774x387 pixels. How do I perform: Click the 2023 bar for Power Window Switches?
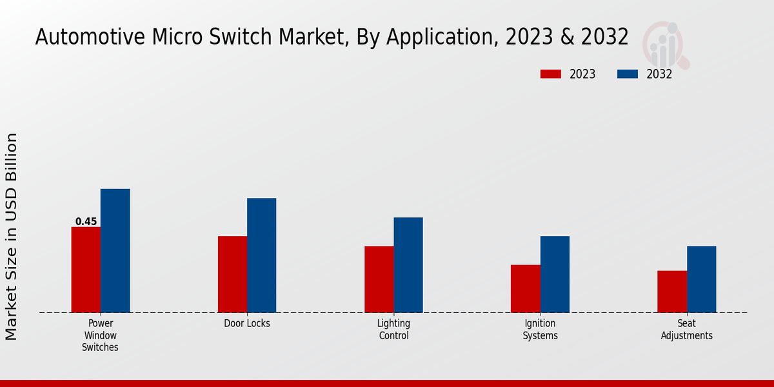click(86, 270)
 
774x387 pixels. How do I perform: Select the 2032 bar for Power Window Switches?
click(115, 251)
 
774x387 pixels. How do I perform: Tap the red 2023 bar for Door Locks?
click(232, 274)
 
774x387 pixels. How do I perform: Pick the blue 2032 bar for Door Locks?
click(261, 255)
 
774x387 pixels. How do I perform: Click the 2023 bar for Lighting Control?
click(379, 279)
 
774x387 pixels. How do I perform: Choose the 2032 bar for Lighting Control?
click(408, 265)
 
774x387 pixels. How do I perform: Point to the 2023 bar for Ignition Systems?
click(525, 288)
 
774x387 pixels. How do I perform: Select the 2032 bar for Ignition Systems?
click(555, 274)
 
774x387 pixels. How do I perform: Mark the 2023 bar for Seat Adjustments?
click(672, 292)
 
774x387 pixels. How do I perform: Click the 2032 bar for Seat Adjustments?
click(701, 279)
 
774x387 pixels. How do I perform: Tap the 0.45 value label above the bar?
click(86, 222)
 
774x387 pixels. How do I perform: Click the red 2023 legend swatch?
click(550, 74)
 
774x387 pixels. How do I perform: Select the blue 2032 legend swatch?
click(627, 74)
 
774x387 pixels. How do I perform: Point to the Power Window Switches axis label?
click(100, 335)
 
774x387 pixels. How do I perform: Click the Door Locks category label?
click(247, 324)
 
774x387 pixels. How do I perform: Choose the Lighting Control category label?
click(393, 330)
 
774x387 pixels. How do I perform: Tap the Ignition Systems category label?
click(540, 330)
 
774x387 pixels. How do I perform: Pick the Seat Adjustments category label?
click(687, 330)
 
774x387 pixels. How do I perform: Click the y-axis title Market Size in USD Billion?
click(12, 236)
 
